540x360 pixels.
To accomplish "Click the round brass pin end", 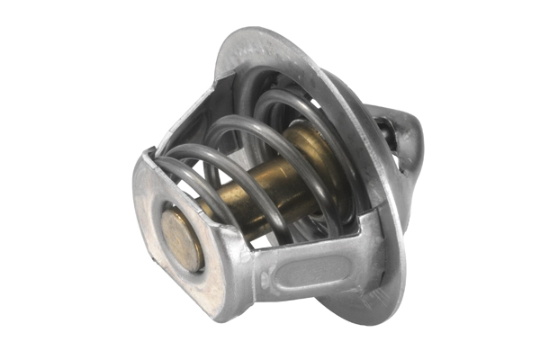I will pos(184,239).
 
